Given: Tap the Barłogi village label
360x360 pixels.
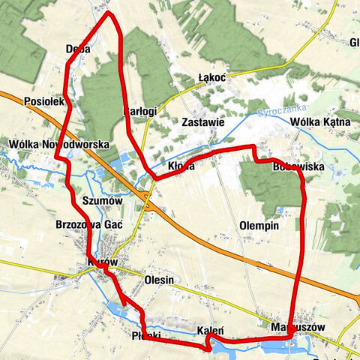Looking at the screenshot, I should pos(139,111).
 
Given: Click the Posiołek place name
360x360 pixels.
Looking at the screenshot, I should pos(46,100).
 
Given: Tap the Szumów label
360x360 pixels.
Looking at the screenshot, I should pos(100,201).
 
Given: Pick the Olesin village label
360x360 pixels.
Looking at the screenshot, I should pos(157,280).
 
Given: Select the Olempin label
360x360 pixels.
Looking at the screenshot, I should pos(259,225).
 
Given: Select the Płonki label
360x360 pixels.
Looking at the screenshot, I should pos(145,334).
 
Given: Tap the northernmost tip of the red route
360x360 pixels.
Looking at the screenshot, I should pos(109,12).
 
